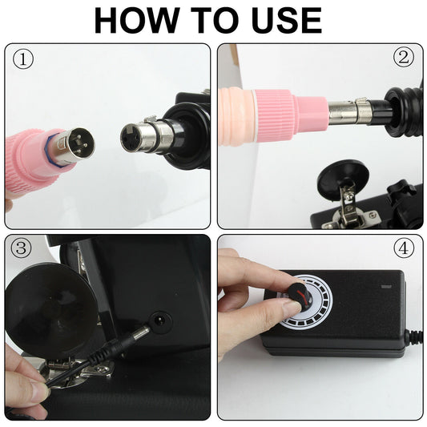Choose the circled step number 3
[x=22, y=248]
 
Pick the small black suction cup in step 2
[x=342, y=178]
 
